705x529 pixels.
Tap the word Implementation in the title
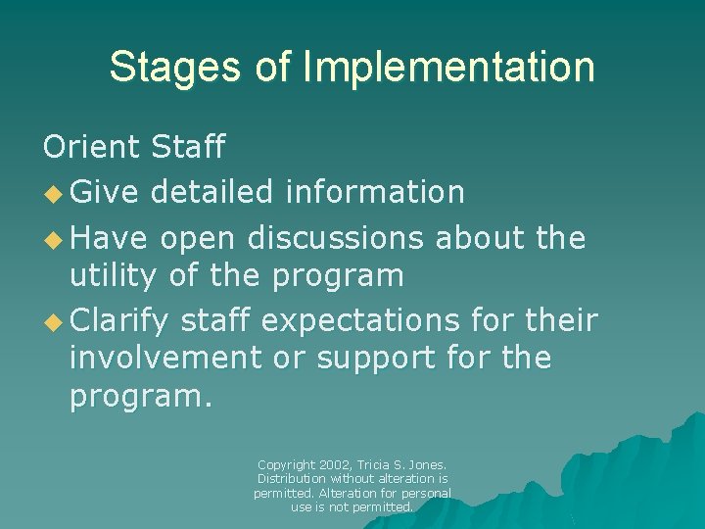[x=448, y=67]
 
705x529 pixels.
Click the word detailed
[x=211, y=192]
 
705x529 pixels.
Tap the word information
[x=374, y=192]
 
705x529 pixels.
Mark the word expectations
[x=374, y=319]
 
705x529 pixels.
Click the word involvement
[x=164, y=359]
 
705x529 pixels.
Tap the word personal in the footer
[x=427, y=493]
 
